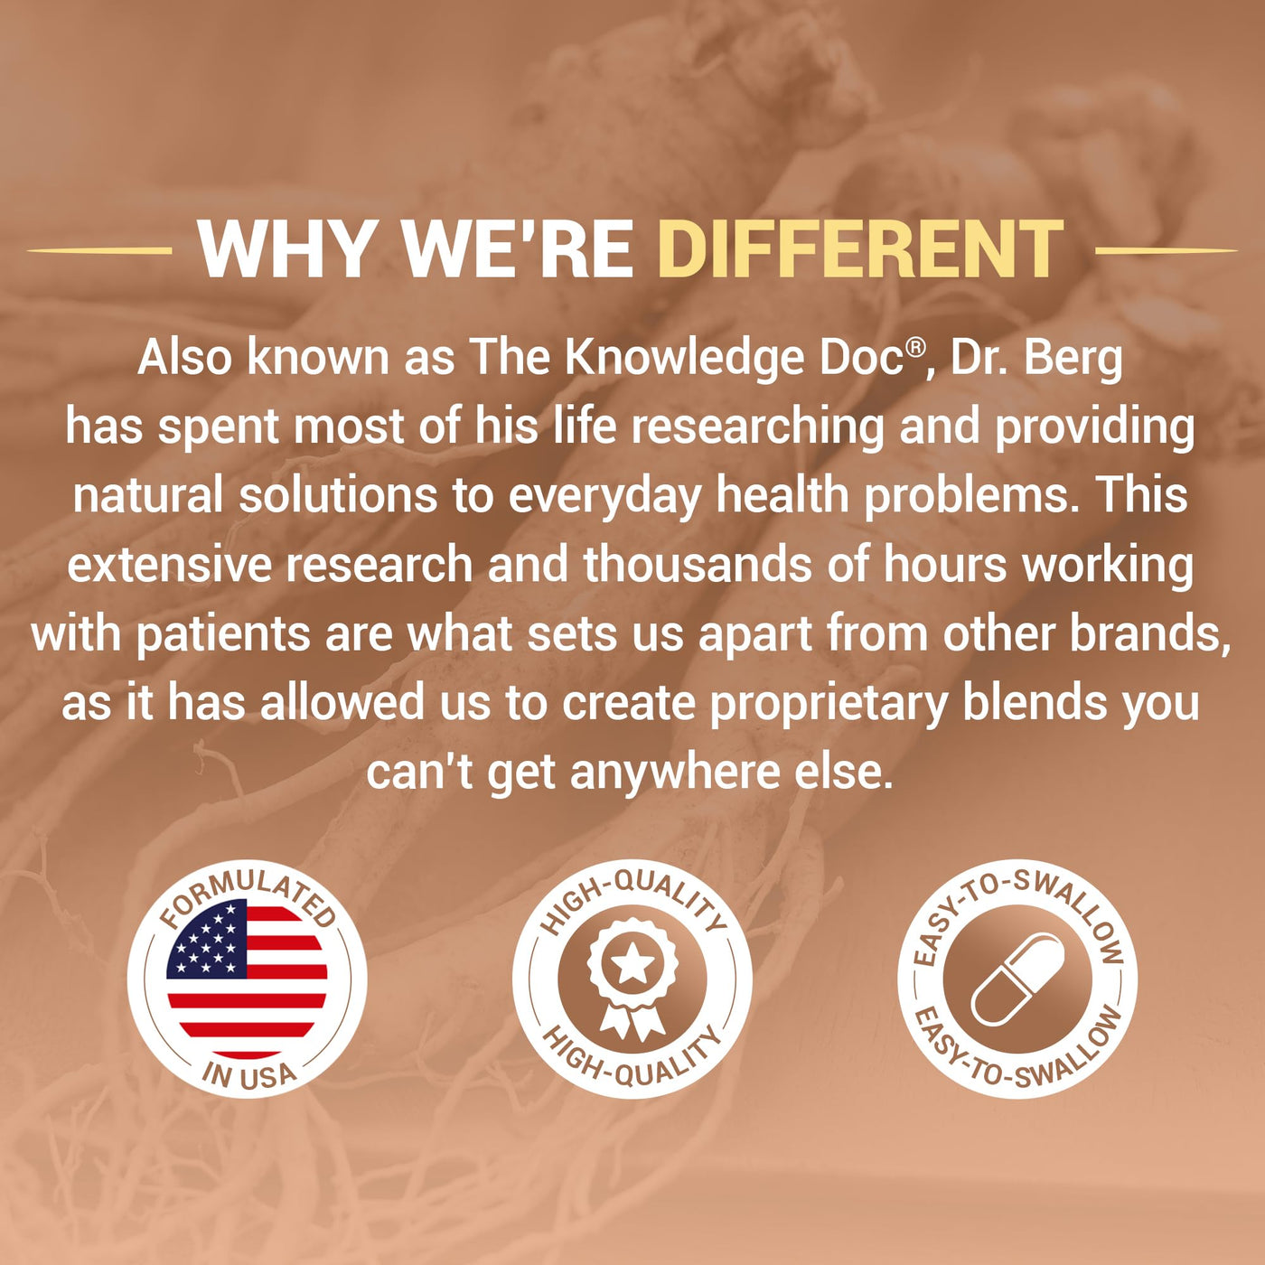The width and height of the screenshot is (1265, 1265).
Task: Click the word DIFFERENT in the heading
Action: (x=860, y=249)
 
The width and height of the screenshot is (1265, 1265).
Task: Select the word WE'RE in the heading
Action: (x=517, y=249)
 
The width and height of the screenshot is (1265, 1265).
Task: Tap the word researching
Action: (x=757, y=428)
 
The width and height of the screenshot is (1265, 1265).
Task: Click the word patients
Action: (x=222, y=635)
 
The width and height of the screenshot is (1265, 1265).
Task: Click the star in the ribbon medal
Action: (x=632, y=964)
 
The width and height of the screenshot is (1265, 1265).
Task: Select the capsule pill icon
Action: (x=1017, y=979)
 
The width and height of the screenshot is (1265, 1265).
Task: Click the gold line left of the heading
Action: (x=99, y=250)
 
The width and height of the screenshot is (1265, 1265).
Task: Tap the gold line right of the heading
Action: (x=1166, y=250)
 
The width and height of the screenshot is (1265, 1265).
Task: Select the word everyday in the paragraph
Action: (x=604, y=498)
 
